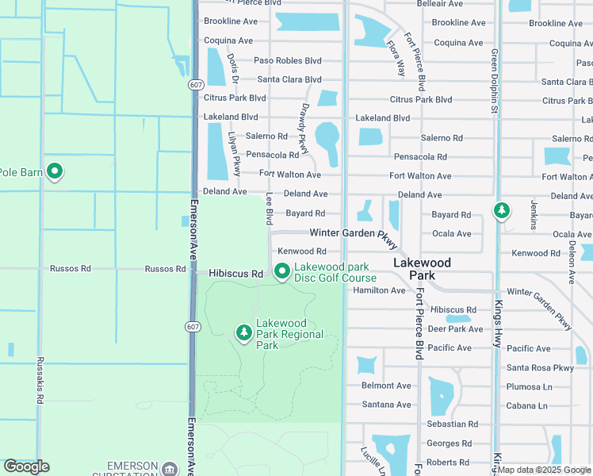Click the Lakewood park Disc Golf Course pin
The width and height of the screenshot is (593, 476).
tap(281, 271)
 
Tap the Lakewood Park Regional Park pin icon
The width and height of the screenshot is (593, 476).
tap(244, 333)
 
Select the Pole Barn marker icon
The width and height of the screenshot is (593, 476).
tap(55, 171)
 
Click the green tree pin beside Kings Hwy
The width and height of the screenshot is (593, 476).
tap(501, 211)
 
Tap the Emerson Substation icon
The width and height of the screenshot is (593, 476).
tap(169, 468)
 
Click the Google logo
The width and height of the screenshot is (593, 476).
tap(26, 466)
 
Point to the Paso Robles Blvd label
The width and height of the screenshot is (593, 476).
tap(288, 60)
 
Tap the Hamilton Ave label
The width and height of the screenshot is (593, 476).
tap(379, 290)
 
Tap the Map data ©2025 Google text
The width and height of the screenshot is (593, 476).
tap(542, 470)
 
